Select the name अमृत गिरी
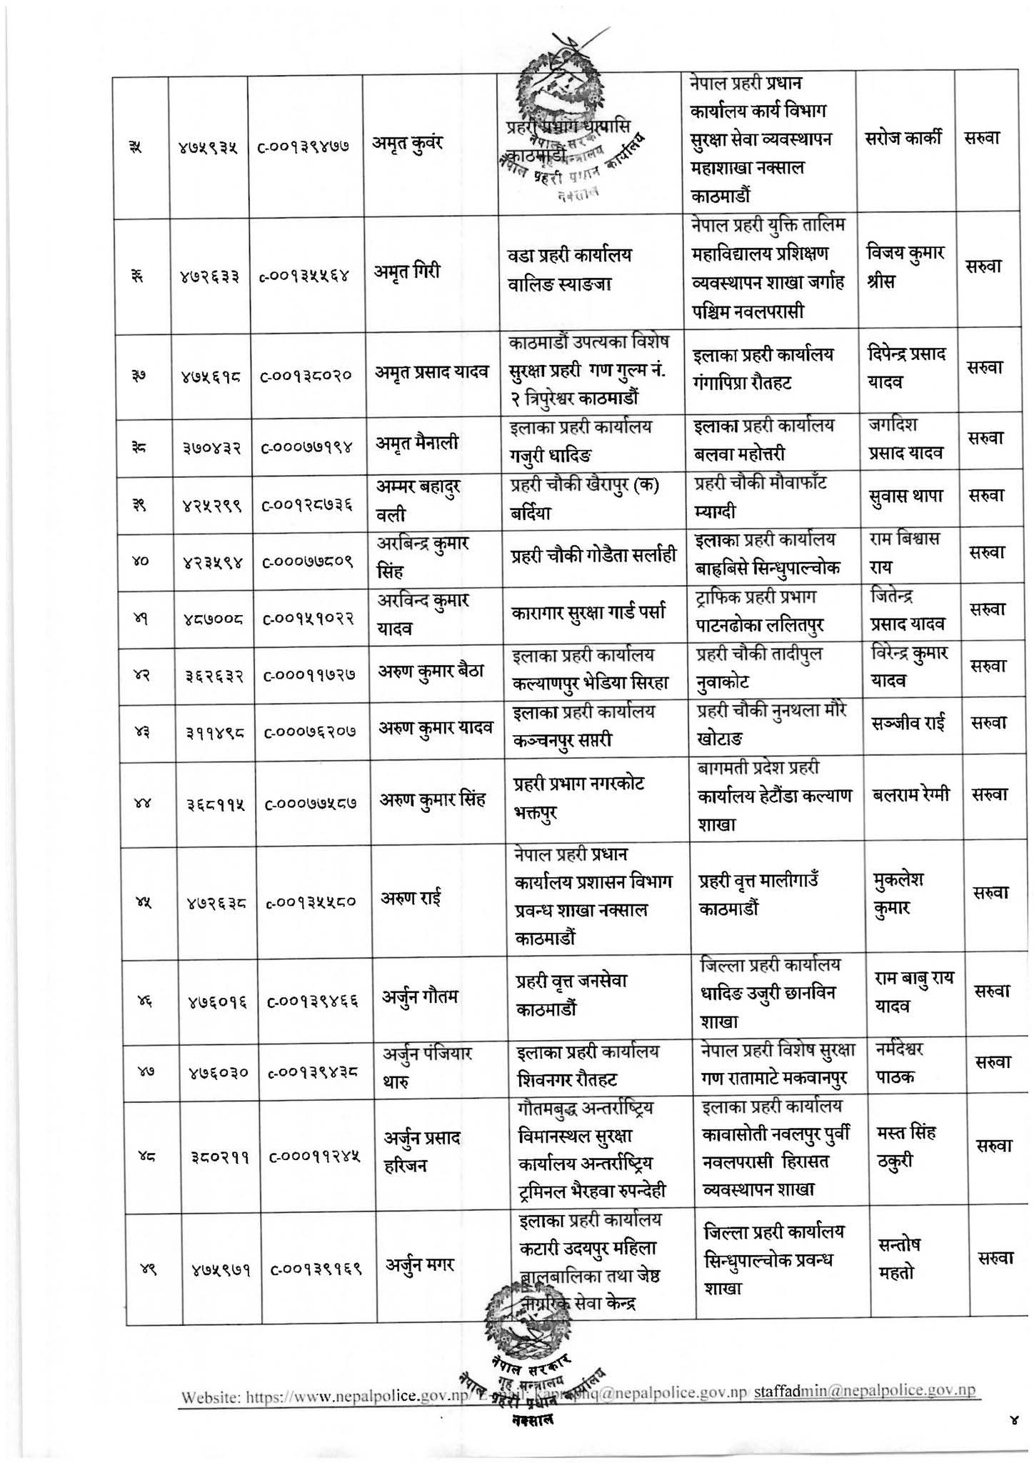406,271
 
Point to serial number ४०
140,561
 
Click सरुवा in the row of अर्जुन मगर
992,1259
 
